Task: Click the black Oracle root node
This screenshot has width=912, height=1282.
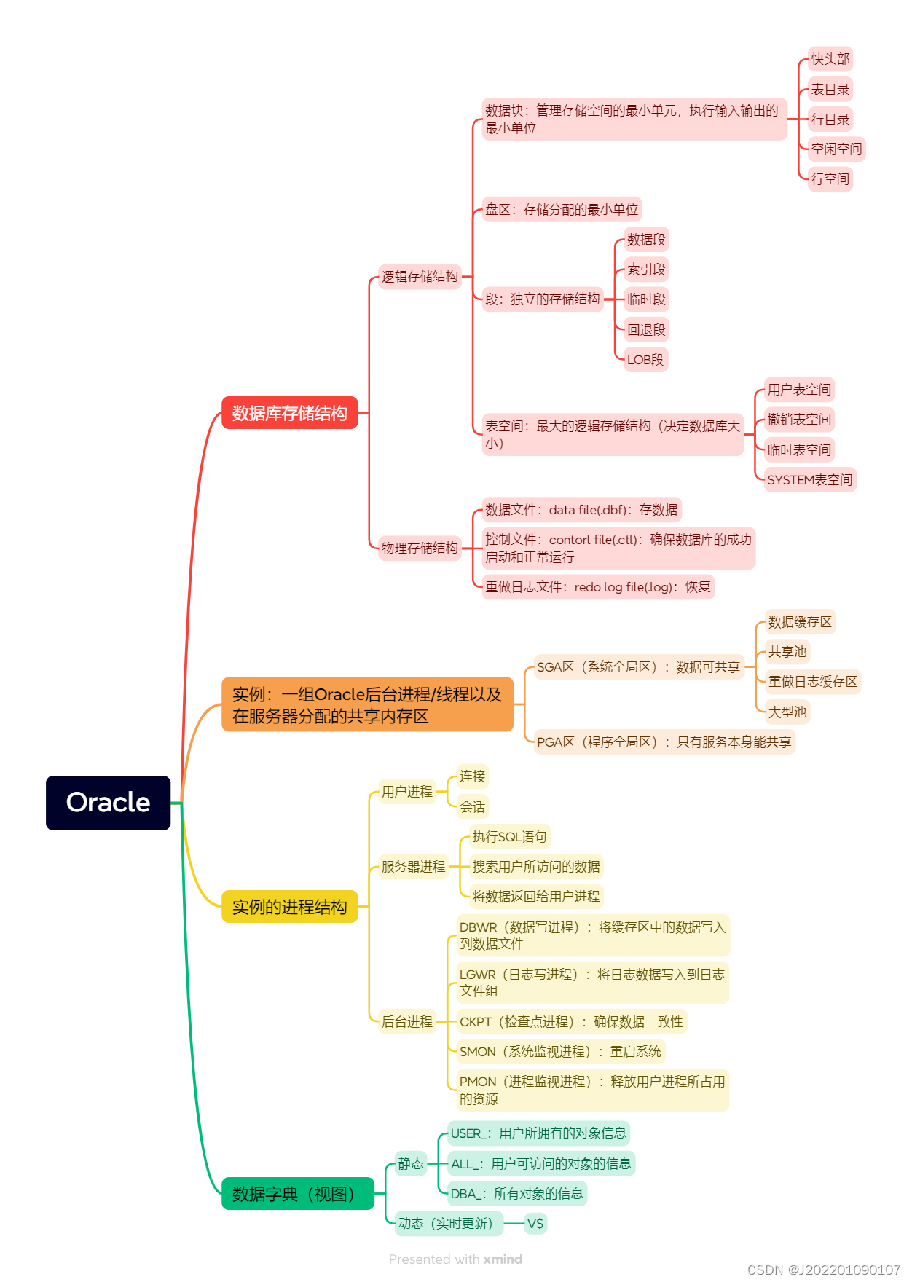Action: click(x=108, y=803)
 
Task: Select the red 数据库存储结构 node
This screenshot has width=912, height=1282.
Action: click(x=289, y=413)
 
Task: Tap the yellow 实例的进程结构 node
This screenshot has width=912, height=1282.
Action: click(x=289, y=907)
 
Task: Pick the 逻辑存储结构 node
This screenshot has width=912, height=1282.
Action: click(x=420, y=277)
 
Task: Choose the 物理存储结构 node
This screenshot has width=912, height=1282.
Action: click(x=420, y=548)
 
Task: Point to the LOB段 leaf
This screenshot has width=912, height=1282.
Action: click(x=645, y=360)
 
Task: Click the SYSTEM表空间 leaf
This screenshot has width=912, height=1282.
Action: click(x=809, y=480)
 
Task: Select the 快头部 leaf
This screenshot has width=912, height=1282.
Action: click(x=830, y=59)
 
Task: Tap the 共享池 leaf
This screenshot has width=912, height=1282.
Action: click(x=787, y=652)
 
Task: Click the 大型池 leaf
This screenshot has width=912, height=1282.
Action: click(x=787, y=712)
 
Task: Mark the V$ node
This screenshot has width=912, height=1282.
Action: click(x=535, y=1224)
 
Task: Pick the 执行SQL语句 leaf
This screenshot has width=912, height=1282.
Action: click(x=509, y=837)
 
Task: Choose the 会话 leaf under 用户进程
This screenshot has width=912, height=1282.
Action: click(x=472, y=807)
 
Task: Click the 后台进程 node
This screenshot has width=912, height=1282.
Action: click(x=407, y=1022)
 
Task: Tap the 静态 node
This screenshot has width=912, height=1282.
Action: click(x=411, y=1164)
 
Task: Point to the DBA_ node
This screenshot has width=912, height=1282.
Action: click(x=516, y=1194)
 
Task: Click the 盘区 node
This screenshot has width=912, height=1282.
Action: click(x=561, y=210)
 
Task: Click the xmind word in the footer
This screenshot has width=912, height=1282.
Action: click(x=503, y=1259)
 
